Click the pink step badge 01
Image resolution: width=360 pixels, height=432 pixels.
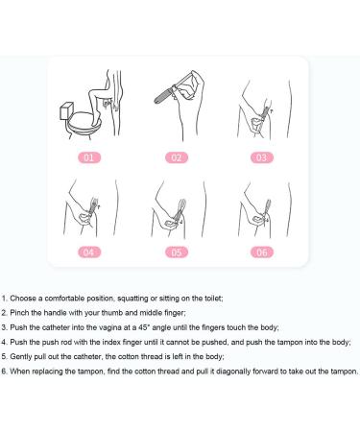89,157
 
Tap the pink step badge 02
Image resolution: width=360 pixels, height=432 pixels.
177,157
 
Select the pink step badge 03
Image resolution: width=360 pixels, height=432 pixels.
262,157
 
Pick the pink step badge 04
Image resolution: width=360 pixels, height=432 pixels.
89,252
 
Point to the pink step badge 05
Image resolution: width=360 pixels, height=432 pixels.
177,252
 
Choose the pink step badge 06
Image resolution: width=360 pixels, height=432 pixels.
262,252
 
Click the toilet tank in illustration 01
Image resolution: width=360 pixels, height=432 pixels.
66,110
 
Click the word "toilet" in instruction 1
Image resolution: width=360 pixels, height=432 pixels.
213,299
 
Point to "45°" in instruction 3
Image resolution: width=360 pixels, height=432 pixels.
144,327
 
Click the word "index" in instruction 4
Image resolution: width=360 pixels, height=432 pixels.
111,342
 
